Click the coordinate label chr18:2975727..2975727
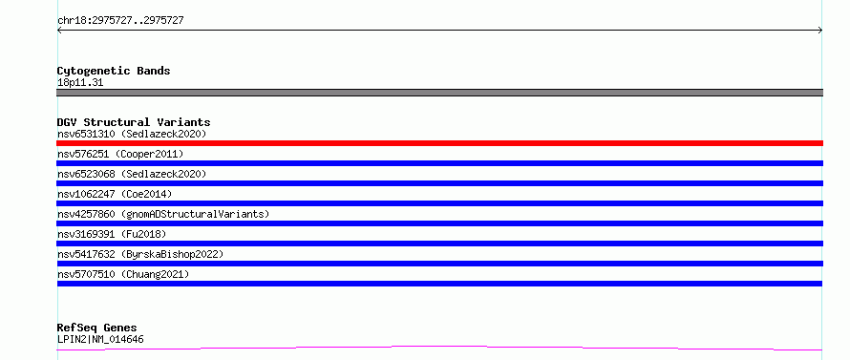coord(120,21)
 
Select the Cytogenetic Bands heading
coord(114,71)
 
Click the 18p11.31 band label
coord(80,82)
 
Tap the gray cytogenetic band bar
coord(439,93)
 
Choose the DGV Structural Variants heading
coord(134,122)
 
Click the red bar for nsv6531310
coord(439,143)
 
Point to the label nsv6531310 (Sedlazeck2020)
coord(132,134)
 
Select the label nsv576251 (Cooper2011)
coord(120,154)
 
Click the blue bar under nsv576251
coord(439,163)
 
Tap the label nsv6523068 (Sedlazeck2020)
coord(132,174)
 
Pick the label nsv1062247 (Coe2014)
coord(115,194)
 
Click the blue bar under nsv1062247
coord(439,203)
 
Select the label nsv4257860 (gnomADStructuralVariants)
coord(163,214)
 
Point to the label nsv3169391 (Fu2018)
coord(112,234)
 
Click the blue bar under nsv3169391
coord(439,244)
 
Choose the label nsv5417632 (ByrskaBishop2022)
coord(140,254)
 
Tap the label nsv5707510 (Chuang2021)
coord(123,274)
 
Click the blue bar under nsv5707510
coord(439,284)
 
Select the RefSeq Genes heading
coord(97,328)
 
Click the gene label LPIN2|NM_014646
coord(100,339)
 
